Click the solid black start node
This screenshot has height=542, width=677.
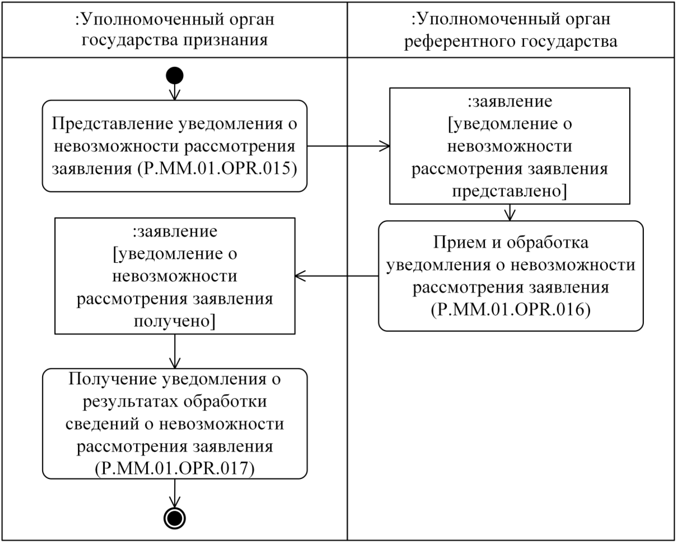click(175, 76)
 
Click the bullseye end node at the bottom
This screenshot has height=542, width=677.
click(175, 518)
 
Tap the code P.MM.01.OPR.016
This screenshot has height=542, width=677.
click(511, 310)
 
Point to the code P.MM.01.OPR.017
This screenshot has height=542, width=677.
click(175, 469)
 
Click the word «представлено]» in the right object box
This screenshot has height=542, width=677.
click(510, 191)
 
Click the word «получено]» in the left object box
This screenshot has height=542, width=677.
click(175, 321)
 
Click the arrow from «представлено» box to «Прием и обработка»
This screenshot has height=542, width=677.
click(510, 213)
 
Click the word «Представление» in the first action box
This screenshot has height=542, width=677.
click(113, 124)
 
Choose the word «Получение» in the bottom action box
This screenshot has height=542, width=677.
click(112, 379)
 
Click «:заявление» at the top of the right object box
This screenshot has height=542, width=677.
click(510, 101)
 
